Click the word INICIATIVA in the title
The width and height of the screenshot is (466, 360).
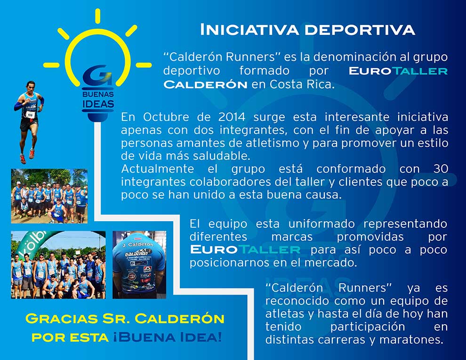pyautogui.click(x=249, y=30)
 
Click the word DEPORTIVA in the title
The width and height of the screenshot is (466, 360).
pyautogui.click(x=360, y=30)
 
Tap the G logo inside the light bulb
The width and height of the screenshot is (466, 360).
pyautogui.click(x=97, y=75)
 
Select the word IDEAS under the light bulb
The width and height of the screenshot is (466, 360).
pyautogui.click(x=98, y=104)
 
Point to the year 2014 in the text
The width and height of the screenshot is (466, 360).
pyautogui.click(x=232, y=117)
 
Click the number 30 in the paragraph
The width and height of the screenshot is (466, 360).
pyautogui.click(x=441, y=169)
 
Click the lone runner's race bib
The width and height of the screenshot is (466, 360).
pyautogui.click(x=30, y=115)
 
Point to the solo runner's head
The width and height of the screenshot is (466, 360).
pyautogui.click(x=30, y=87)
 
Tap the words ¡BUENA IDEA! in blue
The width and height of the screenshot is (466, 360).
pyautogui.click(x=168, y=337)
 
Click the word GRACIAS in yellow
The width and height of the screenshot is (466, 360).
pyautogui.click(x=62, y=319)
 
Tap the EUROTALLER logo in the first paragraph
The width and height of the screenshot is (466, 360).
pyautogui.click(x=398, y=71)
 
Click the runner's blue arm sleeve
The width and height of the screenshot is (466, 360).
pyautogui.click(x=18, y=106)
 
